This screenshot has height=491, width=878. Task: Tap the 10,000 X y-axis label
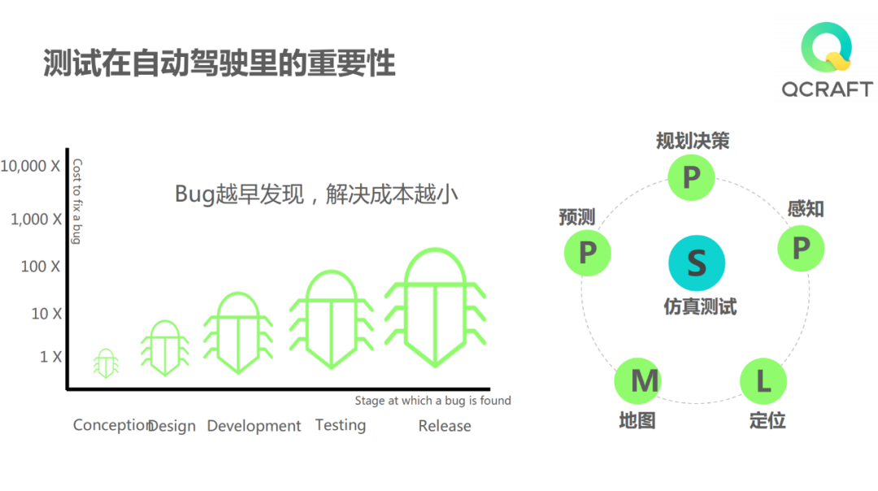click(31, 167)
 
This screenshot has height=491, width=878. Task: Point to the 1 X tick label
click(50, 357)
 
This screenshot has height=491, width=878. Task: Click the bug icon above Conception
click(106, 363)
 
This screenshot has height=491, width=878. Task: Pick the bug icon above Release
click(435, 307)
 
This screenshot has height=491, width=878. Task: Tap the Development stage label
click(254, 426)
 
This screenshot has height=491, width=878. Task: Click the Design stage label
click(172, 426)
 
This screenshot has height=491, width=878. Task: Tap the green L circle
click(763, 380)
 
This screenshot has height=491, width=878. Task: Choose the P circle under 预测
click(587, 252)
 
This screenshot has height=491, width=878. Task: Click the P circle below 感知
click(801, 248)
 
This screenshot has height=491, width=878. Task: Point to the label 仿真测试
click(700, 307)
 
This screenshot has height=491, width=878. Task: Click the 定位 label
click(767, 421)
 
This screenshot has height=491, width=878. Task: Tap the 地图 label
click(637, 421)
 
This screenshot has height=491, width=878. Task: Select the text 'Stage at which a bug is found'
click(432, 400)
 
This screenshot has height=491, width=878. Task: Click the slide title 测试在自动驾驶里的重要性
click(219, 63)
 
